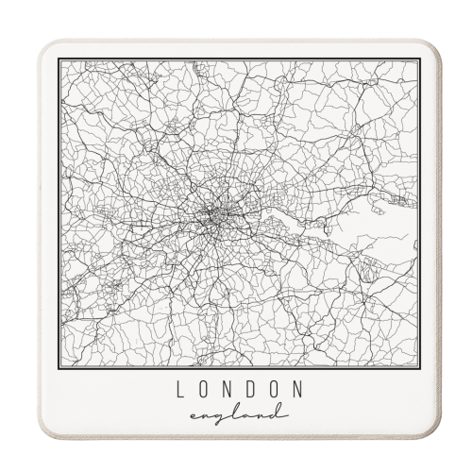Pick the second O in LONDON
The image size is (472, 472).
275,388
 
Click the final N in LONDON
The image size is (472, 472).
298,388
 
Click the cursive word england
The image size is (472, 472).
236,413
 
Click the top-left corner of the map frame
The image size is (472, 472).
58,59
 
